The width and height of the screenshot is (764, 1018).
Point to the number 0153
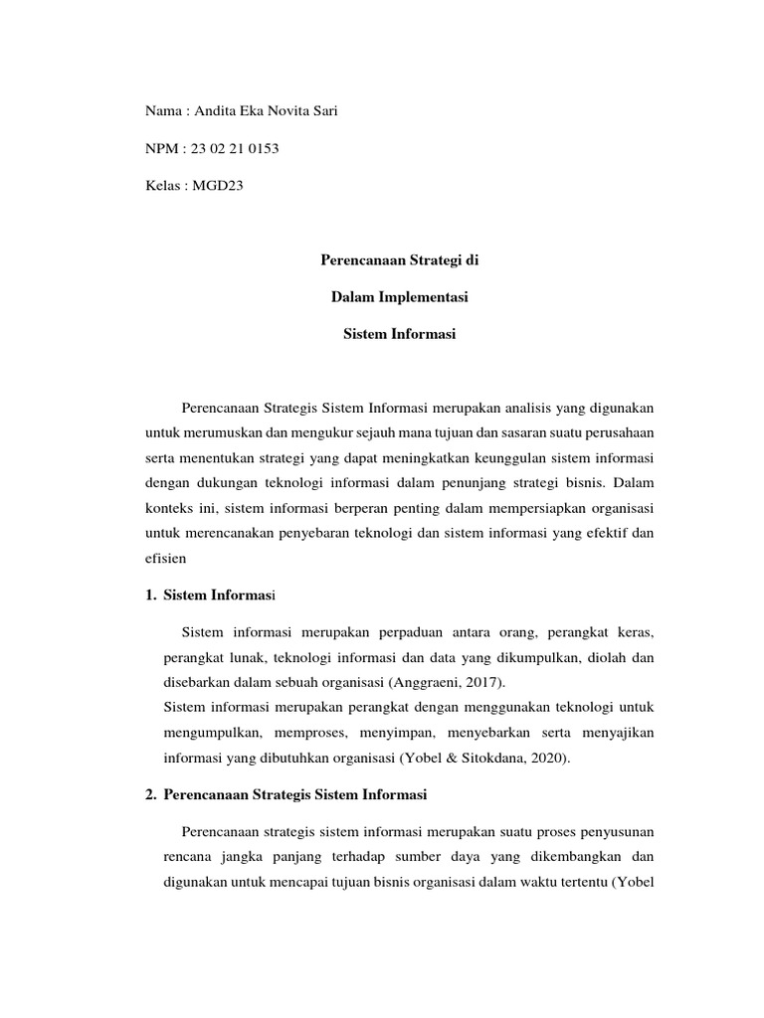click(265, 150)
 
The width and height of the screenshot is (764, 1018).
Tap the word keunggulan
click(501, 458)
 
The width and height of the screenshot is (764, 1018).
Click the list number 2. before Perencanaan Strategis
click(150, 795)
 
